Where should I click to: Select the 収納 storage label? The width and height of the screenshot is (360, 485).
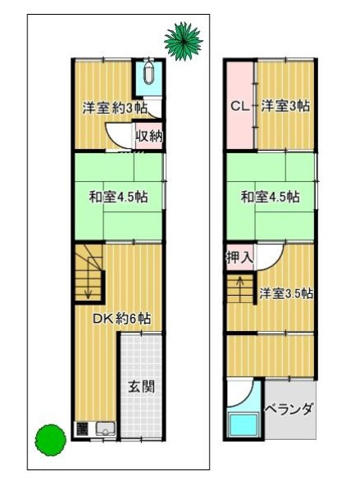coord(148,135)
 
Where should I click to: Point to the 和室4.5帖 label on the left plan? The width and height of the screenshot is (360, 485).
coord(118,197)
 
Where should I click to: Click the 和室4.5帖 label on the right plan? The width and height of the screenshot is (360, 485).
coord(269,197)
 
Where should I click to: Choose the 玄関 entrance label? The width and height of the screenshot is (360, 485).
coord(141,386)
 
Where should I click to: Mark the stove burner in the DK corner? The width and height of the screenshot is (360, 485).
coord(82,428)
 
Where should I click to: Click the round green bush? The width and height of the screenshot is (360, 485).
coord(49,439)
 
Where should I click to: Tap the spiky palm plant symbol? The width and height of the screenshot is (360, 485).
coord(182,39)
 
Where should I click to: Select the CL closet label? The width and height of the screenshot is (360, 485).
coord(239,105)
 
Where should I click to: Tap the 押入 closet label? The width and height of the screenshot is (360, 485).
coord(239,256)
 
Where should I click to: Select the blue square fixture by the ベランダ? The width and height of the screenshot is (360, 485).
coord(243,426)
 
